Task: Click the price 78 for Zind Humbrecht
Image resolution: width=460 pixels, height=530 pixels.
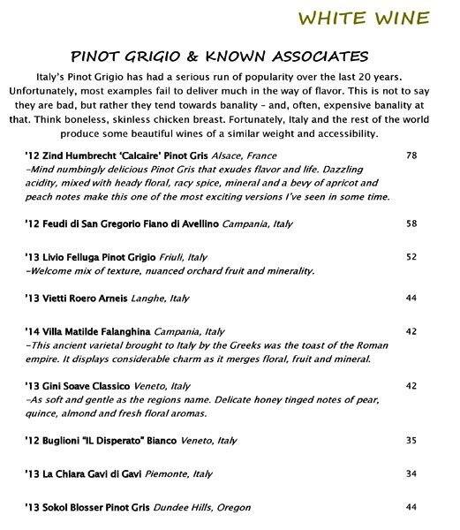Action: coord(411,155)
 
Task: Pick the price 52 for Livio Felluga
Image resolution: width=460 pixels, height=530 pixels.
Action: coord(411,257)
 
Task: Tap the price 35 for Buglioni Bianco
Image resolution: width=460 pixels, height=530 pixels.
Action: coord(411,439)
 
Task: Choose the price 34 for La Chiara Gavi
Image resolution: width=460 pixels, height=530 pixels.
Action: coord(411,474)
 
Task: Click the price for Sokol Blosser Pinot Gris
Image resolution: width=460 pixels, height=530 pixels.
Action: coord(411,508)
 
